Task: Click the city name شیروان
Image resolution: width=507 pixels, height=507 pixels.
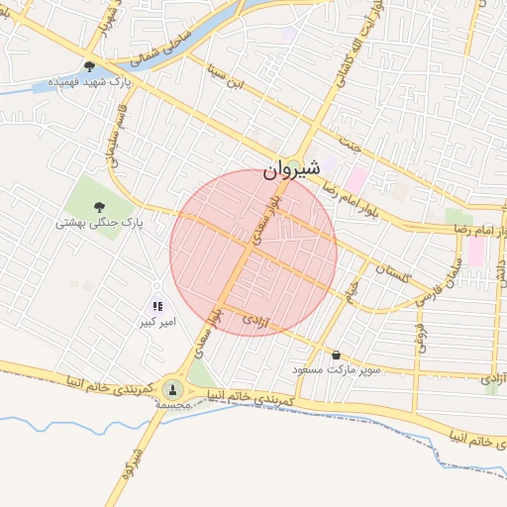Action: [x=292, y=170]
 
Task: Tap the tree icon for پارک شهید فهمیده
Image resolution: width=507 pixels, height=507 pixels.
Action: [x=89, y=67]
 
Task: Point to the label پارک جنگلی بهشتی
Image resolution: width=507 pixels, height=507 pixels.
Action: [x=99, y=224]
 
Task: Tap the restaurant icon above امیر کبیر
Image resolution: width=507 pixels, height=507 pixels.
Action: [x=157, y=305]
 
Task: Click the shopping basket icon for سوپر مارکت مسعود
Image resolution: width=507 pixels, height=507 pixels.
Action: [x=336, y=354]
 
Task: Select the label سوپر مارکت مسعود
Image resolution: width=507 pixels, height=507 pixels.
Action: [x=336, y=368]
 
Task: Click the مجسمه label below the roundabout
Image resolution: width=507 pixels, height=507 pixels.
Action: [x=173, y=406]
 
